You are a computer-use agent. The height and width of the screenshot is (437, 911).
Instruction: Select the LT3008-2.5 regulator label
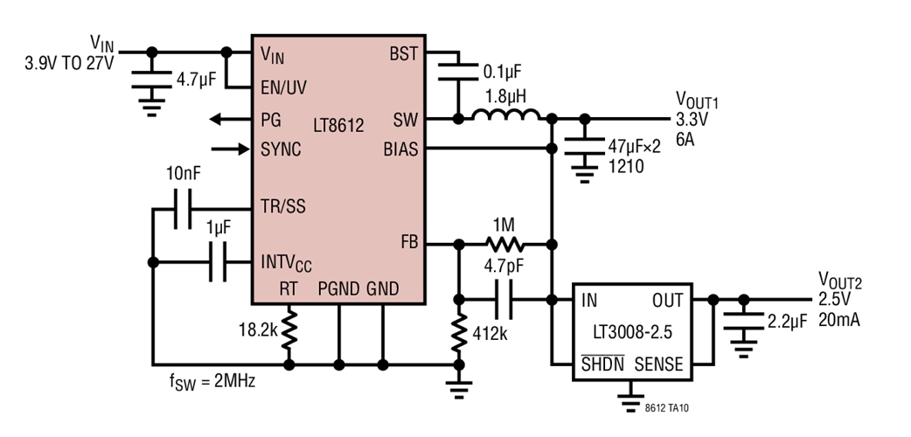point(632,333)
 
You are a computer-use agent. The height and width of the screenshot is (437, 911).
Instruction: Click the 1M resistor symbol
point(504,244)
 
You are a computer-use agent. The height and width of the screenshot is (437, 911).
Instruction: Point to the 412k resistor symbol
point(457,332)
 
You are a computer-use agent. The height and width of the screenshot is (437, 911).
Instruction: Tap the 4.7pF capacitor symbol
point(504,299)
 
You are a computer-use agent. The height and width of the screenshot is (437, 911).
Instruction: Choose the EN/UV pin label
point(283,87)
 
